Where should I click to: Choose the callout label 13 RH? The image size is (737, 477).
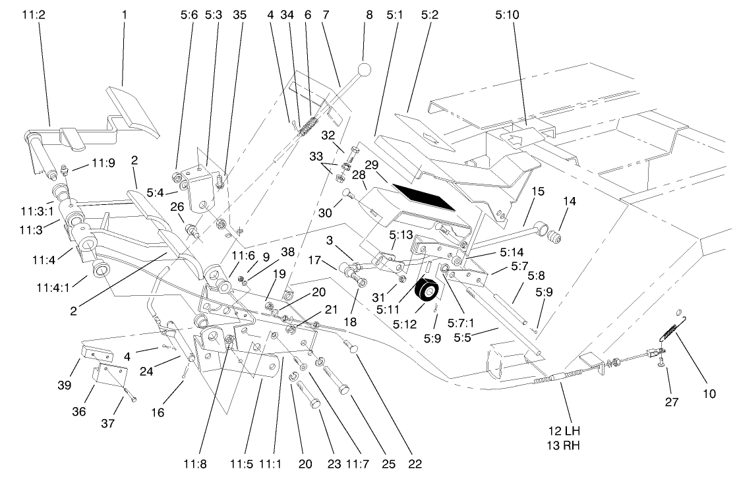point(562,444)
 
